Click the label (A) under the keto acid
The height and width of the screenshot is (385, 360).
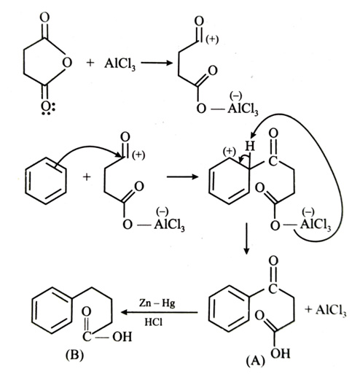pos(256,361)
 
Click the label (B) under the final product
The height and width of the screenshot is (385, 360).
pos(74,355)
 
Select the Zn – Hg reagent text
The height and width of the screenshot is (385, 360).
pos(157,303)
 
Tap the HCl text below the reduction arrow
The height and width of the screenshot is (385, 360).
pos(153,322)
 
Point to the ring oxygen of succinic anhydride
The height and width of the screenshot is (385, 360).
pos(67,62)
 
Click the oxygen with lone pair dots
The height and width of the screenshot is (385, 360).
pos(45,106)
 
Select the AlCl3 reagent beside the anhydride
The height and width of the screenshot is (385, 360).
pos(120,64)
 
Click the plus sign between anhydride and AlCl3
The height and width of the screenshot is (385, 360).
pos(90,63)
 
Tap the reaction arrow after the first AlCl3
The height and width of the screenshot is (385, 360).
pos(157,63)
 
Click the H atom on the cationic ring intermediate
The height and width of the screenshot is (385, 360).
pos(250,147)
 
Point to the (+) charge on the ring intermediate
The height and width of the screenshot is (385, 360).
pos(230,151)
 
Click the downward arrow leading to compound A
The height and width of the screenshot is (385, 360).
pos(246,238)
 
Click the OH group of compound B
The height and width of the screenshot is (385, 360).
pos(122,337)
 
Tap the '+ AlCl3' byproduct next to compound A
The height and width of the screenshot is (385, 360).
pos(326,310)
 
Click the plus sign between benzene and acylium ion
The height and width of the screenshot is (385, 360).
pos(87,176)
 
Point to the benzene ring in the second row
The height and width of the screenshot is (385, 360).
pos(46,181)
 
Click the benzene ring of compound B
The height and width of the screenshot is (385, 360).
pos(52,311)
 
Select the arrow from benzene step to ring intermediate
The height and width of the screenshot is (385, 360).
pos(182,176)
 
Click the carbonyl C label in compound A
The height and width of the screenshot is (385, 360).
pos(273,289)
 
